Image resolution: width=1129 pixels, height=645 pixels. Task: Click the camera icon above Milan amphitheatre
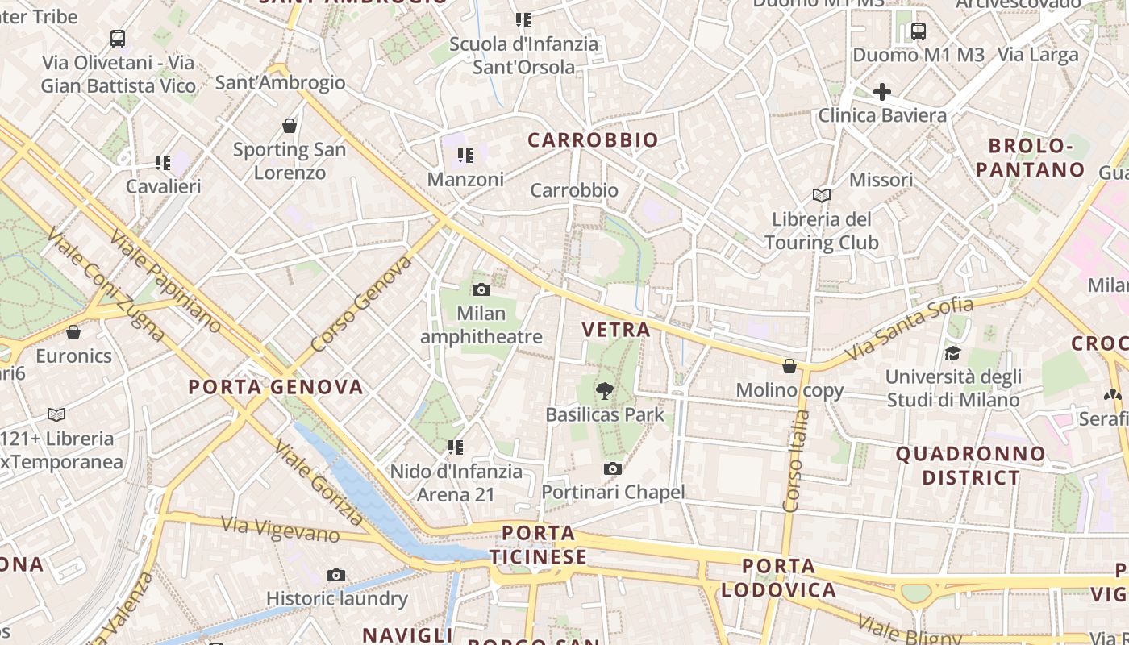point(481,289)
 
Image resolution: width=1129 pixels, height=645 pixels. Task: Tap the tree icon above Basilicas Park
point(604,391)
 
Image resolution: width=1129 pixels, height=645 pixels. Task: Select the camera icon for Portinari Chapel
point(613,468)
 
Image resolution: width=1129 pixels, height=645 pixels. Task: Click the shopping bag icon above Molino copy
point(789,366)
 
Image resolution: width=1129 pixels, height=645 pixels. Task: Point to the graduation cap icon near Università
point(952,353)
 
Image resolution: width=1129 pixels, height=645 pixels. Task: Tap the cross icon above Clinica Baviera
point(882,92)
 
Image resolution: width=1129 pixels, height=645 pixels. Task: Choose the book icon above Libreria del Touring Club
point(822,195)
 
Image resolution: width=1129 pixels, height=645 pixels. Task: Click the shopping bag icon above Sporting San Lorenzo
point(290,126)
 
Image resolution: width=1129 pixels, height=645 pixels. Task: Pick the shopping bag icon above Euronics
point(73,332)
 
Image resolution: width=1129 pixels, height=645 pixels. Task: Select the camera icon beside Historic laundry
point(336,575)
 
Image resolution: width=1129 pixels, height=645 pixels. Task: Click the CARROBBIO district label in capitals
point(593,140)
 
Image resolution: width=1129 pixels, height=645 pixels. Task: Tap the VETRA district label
point(615,329)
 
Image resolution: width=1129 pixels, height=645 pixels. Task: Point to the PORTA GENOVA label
point(276,387)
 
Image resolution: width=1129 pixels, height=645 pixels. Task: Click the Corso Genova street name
point(360,304)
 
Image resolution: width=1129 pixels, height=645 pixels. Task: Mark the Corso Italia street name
point(795,461)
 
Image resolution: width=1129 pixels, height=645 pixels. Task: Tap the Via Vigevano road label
point(280,530)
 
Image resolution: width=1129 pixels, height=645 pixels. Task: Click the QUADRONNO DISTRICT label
point(970,465)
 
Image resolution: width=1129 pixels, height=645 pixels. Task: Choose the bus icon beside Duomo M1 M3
point(918,31)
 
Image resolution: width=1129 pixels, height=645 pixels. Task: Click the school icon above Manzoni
point(465,155)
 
